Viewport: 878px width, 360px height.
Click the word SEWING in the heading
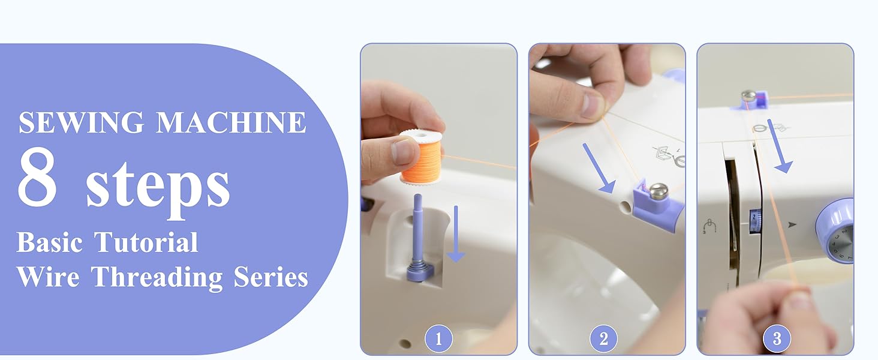82,122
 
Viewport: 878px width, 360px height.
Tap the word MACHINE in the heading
231,122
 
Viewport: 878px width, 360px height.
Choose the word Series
270,277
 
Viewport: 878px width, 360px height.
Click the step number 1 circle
438,339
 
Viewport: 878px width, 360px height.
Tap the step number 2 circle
603,339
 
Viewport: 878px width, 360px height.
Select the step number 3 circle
777,339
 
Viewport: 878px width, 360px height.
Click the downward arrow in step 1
456,234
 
